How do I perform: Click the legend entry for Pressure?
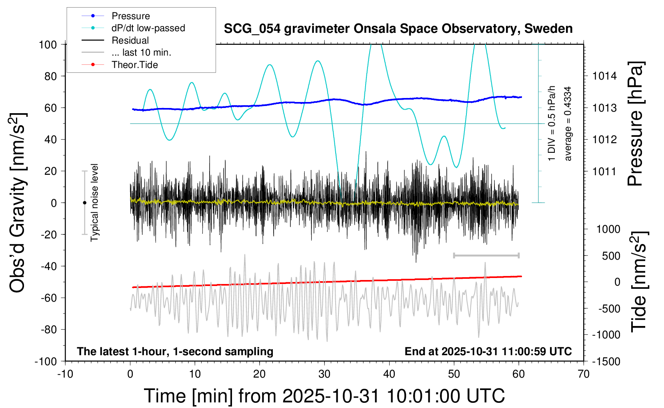[130, 16]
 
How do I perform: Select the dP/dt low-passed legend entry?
[148, 28]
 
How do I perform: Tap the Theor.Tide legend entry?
[134, 65]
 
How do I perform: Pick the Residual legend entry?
[130, 40]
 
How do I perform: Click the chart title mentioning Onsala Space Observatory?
[398, 29]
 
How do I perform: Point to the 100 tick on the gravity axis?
[48, 44]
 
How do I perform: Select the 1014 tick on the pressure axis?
[604, 76]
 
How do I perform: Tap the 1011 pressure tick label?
[604, 172]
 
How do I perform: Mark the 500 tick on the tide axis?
[611, 256]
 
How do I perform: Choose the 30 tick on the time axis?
[324, 374]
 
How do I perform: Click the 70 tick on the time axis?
[584, 374]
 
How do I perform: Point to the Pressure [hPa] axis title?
[636, 124]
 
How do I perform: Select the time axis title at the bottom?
[324, 396]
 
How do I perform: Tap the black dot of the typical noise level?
[84, 203]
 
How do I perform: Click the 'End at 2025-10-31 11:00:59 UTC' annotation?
[488, 352]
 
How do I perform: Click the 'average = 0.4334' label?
[568, 124]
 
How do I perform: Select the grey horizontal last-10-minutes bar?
[486, 255]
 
